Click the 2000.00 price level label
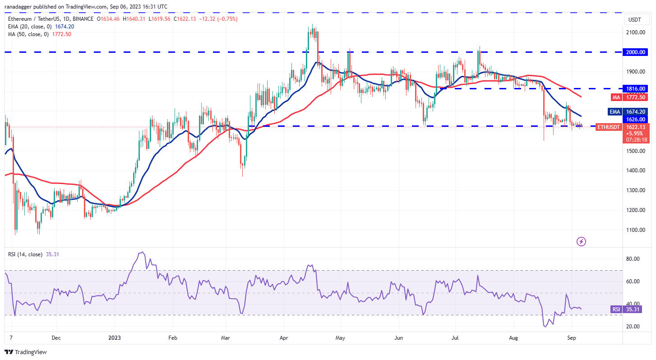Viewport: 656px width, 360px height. point(636,52)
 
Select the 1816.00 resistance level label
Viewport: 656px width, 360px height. point(636,89)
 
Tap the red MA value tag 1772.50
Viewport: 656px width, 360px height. point(636,97)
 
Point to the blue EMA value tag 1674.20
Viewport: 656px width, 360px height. point(636,112)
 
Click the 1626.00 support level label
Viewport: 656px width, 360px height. point(636,120)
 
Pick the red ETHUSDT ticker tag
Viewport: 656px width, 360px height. point(609,127)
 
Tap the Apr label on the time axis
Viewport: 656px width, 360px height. point(283,337)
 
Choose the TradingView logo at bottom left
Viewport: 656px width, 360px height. point(26,352)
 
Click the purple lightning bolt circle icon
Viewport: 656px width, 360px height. point(582,242)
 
